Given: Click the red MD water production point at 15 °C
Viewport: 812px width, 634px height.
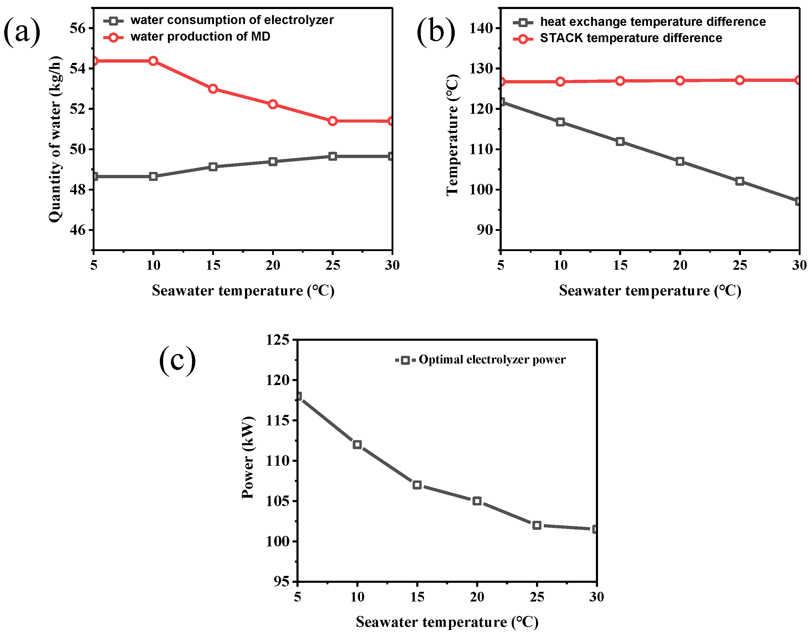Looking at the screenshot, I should [213, 89].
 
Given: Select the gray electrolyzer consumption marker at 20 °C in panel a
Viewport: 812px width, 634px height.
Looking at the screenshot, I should [273, 162].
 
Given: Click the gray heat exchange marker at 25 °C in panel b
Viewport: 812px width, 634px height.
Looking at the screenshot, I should [739, 182].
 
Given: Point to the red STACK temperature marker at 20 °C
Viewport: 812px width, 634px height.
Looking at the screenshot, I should [680, 81].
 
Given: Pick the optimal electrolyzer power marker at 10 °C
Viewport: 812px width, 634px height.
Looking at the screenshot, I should [357, 445].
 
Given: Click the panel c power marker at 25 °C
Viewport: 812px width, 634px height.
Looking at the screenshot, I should [537, 525].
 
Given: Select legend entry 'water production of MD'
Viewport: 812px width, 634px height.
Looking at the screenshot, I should [200, 37].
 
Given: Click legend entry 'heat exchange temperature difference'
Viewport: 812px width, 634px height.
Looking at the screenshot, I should [652, 22].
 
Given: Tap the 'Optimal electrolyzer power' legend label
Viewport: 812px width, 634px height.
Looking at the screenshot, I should [492, 359].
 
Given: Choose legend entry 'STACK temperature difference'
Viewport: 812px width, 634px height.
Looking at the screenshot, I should [631, 38].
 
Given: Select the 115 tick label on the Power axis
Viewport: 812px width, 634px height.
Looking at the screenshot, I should [277, 421].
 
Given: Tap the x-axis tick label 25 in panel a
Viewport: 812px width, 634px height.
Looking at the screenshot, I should [332, 265].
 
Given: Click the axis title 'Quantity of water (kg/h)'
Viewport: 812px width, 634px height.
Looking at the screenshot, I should [55, 139].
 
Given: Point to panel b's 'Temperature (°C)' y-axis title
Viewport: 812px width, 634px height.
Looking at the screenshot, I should [453, 135].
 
